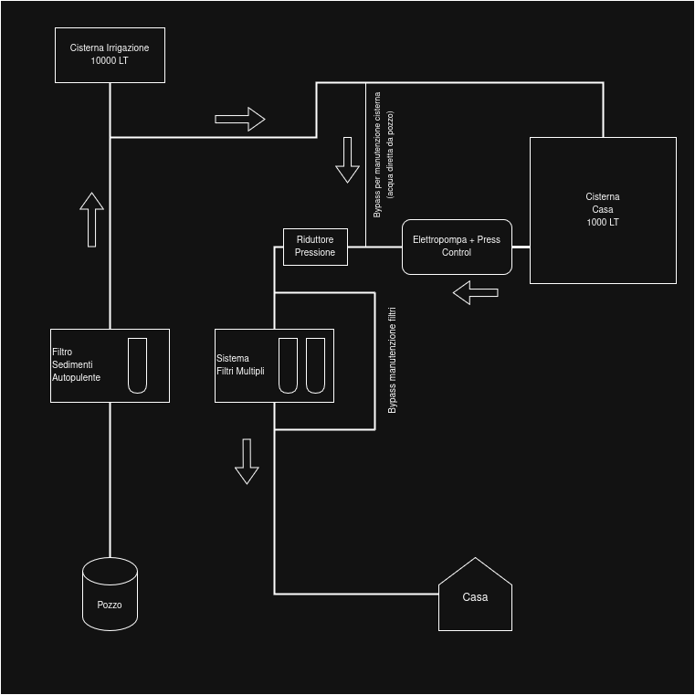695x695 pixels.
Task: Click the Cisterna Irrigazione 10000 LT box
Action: coord(110,55)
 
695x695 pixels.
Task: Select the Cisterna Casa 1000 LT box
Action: coord(603,210)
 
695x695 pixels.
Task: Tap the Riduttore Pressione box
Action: coord(315,247)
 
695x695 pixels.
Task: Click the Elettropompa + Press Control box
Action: coord(457,247)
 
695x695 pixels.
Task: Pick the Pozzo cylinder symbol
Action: coord(110,595)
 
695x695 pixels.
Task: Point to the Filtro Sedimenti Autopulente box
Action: coord(110,365)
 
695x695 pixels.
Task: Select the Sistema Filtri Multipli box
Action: coord(274,365)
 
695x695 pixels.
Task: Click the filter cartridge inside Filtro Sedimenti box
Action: coord(137,365)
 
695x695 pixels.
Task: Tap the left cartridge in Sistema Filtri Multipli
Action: coord(288,365)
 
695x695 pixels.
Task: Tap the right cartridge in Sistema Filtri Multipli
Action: coord(315,365)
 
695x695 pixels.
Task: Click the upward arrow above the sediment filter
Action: coord(91,219)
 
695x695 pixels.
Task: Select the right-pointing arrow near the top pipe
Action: coord(240,119)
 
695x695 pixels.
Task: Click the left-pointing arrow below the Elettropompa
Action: coord(476,293)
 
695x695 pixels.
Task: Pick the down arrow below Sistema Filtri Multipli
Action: coord(247,461)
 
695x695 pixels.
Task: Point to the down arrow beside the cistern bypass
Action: coord(347,160)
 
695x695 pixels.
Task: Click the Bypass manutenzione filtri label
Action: coord(393,361)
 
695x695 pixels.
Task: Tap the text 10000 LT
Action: coord(110,61)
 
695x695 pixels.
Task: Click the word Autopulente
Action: coord(77,377)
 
